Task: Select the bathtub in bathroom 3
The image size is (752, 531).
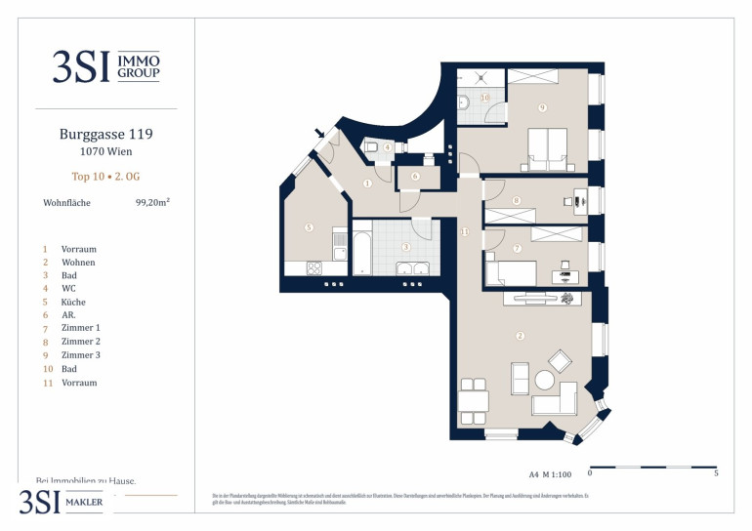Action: pos(360,253)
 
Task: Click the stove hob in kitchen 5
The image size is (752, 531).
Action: pos(316,267)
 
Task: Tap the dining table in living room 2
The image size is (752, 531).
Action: pos(474,400)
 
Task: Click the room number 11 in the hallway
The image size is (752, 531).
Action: pos(465,231)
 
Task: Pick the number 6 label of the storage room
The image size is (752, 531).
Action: pos(415,177)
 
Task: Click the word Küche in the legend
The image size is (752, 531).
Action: pos(74,304)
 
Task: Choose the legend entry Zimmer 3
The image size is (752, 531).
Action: pos(81,355)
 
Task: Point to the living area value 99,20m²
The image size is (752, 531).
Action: pos(153,204)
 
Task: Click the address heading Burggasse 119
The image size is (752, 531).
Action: pos(105,135)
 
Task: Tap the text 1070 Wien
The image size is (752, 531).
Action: pos(105,152)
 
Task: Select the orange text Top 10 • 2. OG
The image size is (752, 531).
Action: pos(105,177)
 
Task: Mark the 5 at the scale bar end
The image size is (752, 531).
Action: pos(716,474)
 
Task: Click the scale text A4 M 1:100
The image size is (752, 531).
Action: pos(550,474)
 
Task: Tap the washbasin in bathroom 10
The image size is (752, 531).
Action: pos(465,102)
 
